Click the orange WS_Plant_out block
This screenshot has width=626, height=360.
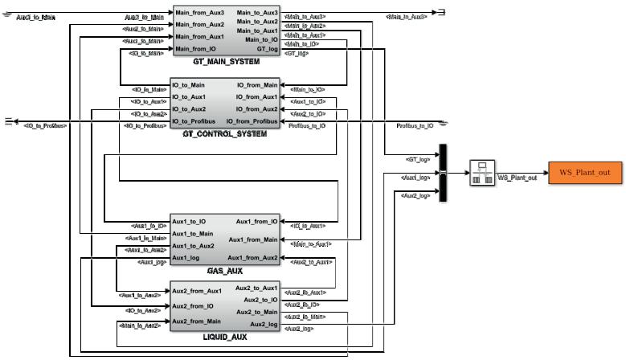coord(585,173)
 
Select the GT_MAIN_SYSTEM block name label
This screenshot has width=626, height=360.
coord(226,61)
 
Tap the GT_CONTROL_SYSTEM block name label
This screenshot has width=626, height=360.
coord(225,133)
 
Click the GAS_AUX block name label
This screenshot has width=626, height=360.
coord(225,271)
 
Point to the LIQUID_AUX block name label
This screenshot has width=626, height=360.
coord(225,337)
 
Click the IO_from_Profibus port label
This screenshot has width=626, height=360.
coord(252,121)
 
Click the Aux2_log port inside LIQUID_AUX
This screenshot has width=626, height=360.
coord(264,324)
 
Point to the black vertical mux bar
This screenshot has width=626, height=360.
coord(442,173)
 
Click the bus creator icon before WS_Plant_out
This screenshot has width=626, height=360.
coord(481,173)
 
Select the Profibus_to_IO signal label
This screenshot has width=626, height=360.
coord(415,126)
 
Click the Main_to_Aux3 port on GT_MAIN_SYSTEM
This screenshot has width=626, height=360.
coord(258,13)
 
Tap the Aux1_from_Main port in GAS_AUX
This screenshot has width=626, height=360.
coord(253,239)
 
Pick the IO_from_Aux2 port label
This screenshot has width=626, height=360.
coord(257,109)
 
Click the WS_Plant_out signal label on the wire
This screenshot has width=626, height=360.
coord(518,178)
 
